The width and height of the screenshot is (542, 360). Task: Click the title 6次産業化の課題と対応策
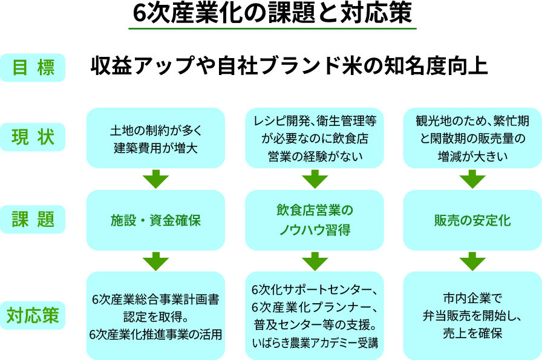click(x=272, y=13)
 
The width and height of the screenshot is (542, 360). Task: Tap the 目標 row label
click(x=33, y=67)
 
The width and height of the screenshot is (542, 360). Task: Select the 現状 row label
click(x=33, y=137)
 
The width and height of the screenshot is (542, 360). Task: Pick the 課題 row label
click(x=33, y=219)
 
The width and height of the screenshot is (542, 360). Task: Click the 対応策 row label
click(x=33, y=315)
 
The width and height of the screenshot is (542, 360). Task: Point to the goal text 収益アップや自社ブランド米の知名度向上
click(x=289, y=66)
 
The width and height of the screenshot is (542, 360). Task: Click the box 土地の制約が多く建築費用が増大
click(x=155, y=138)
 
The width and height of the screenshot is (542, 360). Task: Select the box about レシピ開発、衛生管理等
click(x=315, y=138)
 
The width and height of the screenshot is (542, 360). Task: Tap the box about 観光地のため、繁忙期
click(x=472, y=138)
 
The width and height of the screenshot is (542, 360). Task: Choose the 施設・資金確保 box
click(x=155, y=220)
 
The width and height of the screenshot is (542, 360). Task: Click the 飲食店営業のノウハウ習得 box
click(x=315, y=220)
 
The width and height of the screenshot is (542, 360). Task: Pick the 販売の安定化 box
click(x=472, y=220)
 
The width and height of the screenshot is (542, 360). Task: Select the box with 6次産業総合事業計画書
click(x=155, y=316)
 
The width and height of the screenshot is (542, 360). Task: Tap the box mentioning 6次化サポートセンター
click(x=315, y=316)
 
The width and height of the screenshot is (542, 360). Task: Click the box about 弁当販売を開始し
click(x=472, y=316)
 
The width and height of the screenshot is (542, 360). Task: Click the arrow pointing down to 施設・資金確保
click(x=155, y=179)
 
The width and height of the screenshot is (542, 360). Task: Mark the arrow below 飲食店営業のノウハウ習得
click(x=315, y=261)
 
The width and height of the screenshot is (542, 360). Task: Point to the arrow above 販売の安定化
click(x=472, y=179)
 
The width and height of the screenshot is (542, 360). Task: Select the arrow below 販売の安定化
click(x=472, y=261)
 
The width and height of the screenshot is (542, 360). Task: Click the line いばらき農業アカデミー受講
click(x=315, y=342)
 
